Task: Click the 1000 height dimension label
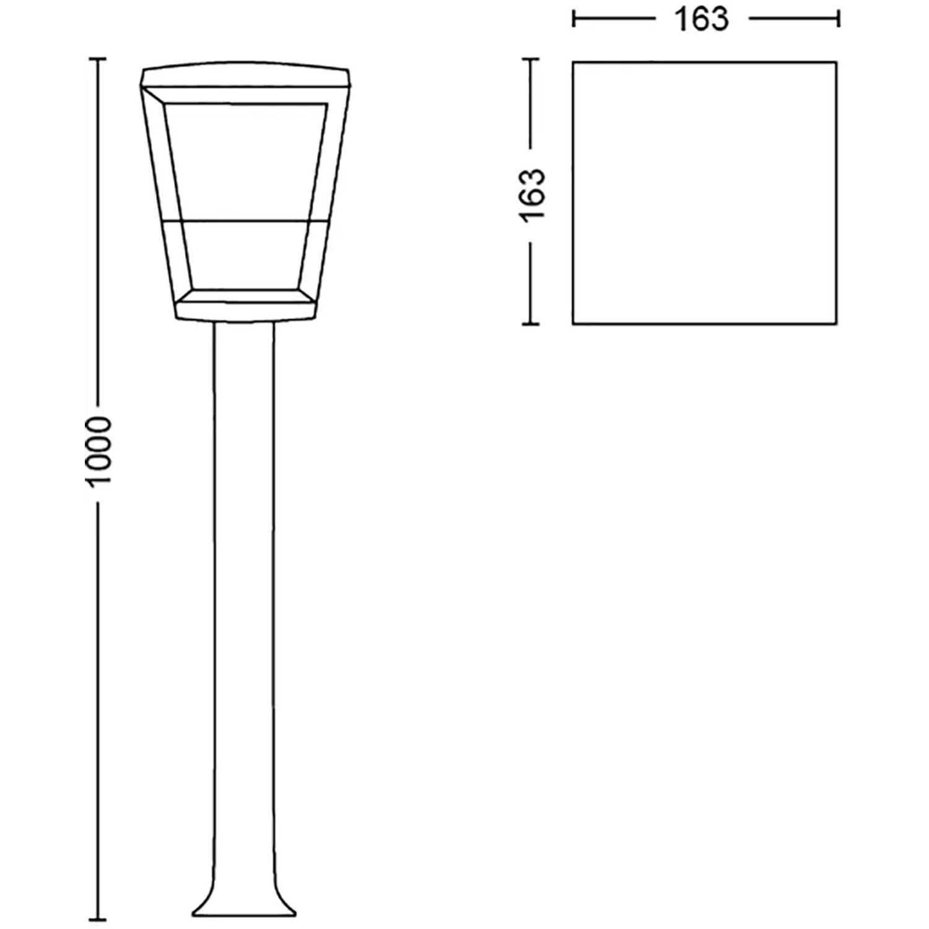[99, 450]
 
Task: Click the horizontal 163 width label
[701, 20]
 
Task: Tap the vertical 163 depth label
[532, 194]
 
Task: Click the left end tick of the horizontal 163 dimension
[574, 19]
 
